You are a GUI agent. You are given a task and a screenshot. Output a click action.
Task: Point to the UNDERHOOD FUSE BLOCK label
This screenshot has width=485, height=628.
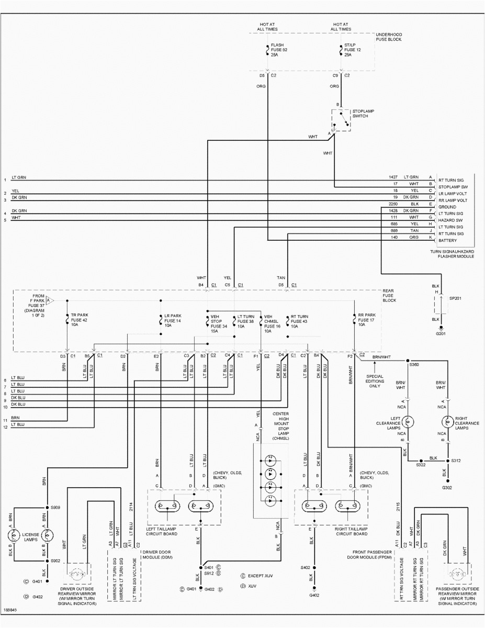(389, 36)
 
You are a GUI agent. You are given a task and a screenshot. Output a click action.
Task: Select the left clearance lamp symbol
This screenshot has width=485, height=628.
(411, 421)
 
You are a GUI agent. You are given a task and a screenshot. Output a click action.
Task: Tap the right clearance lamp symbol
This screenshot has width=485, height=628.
(447, 421)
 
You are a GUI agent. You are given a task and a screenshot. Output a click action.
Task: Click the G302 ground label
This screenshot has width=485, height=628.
(446, 487)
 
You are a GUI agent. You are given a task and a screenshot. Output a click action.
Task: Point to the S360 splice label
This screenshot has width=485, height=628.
(414, 364)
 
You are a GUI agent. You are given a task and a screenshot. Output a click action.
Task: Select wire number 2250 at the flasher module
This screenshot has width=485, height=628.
(394, 204)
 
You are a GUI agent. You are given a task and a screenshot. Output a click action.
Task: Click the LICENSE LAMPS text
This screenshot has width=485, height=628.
(30, 537)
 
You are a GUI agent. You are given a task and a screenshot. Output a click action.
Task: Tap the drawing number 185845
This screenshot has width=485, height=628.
(10, 610)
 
